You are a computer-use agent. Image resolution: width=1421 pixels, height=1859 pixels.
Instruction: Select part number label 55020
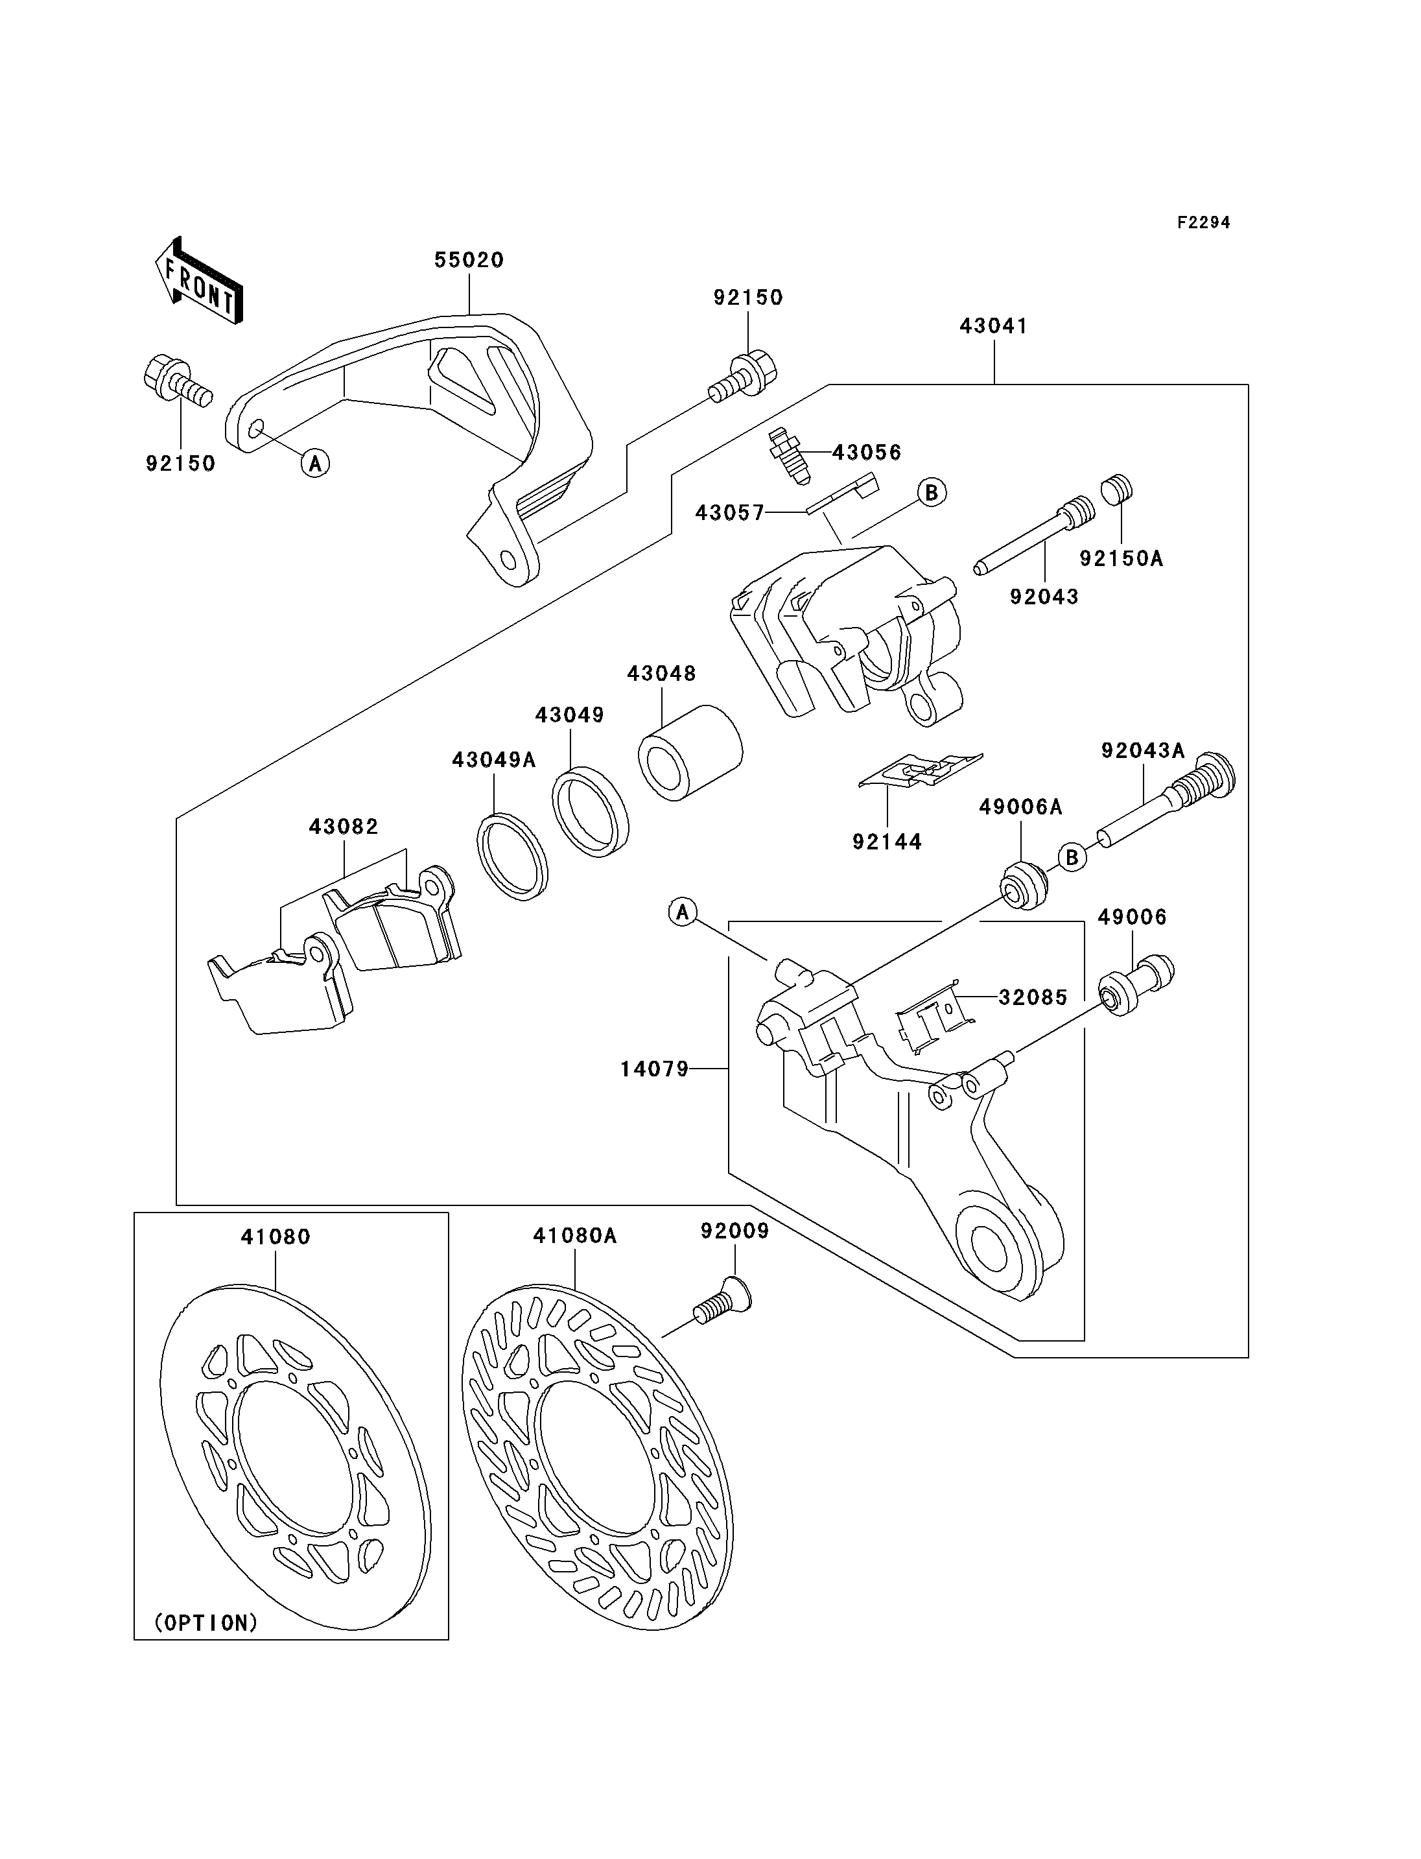coord(469,260)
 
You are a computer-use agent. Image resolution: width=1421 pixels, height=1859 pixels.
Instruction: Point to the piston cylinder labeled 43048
coord(690,752)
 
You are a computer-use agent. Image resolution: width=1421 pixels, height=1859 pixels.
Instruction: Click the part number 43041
coord(993,326)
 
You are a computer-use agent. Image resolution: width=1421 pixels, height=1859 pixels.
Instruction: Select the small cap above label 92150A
coord(1116,490)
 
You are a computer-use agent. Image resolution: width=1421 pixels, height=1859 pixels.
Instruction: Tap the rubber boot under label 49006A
coord(1024,884)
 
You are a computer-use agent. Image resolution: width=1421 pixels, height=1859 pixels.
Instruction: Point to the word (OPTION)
coord(206,1623)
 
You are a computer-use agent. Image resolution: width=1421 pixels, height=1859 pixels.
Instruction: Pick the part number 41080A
coord(574,1237)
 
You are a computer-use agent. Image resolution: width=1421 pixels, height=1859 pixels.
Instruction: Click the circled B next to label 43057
coord(932,492)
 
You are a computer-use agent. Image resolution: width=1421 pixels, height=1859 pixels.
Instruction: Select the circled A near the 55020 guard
coord(316,463)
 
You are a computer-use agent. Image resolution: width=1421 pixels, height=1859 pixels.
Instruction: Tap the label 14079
coord(655,1069)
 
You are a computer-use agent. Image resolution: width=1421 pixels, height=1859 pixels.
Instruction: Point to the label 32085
coord(1033,998)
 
